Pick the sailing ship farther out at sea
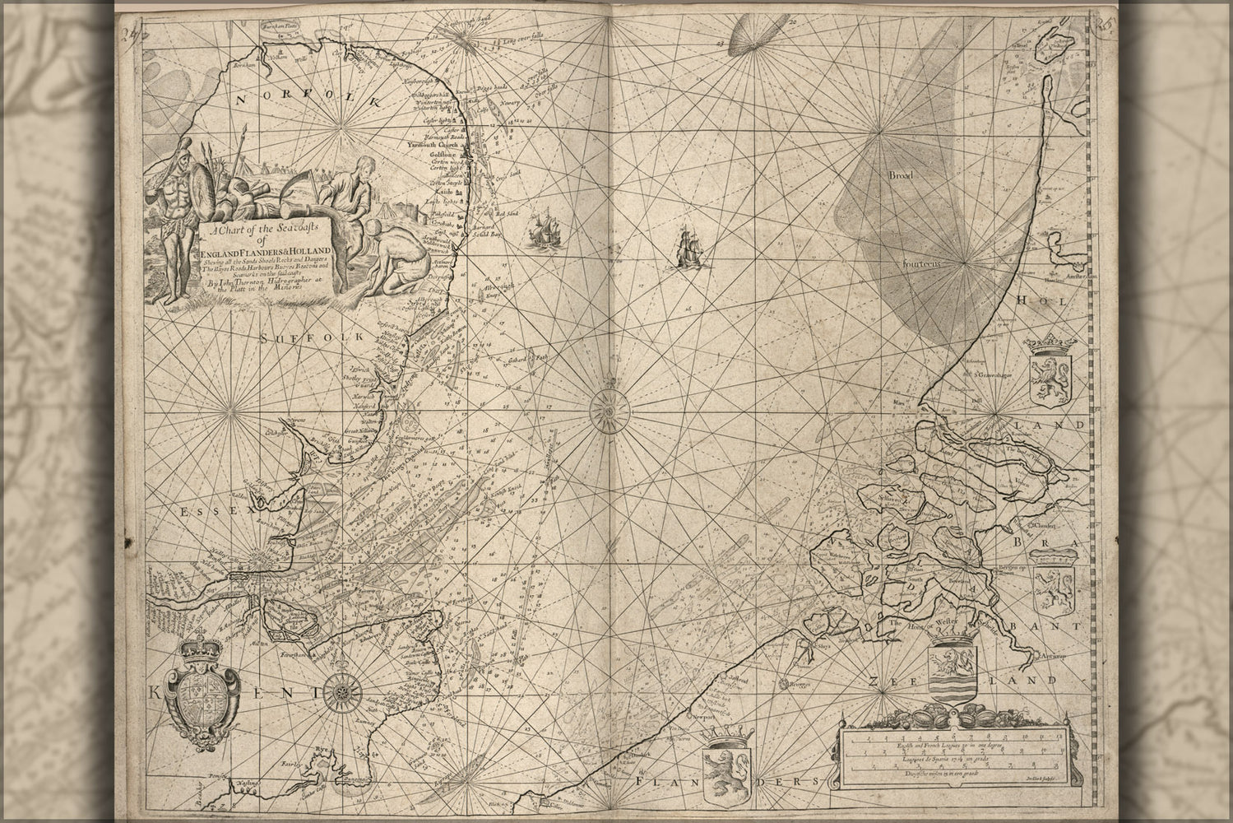(685, 249)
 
